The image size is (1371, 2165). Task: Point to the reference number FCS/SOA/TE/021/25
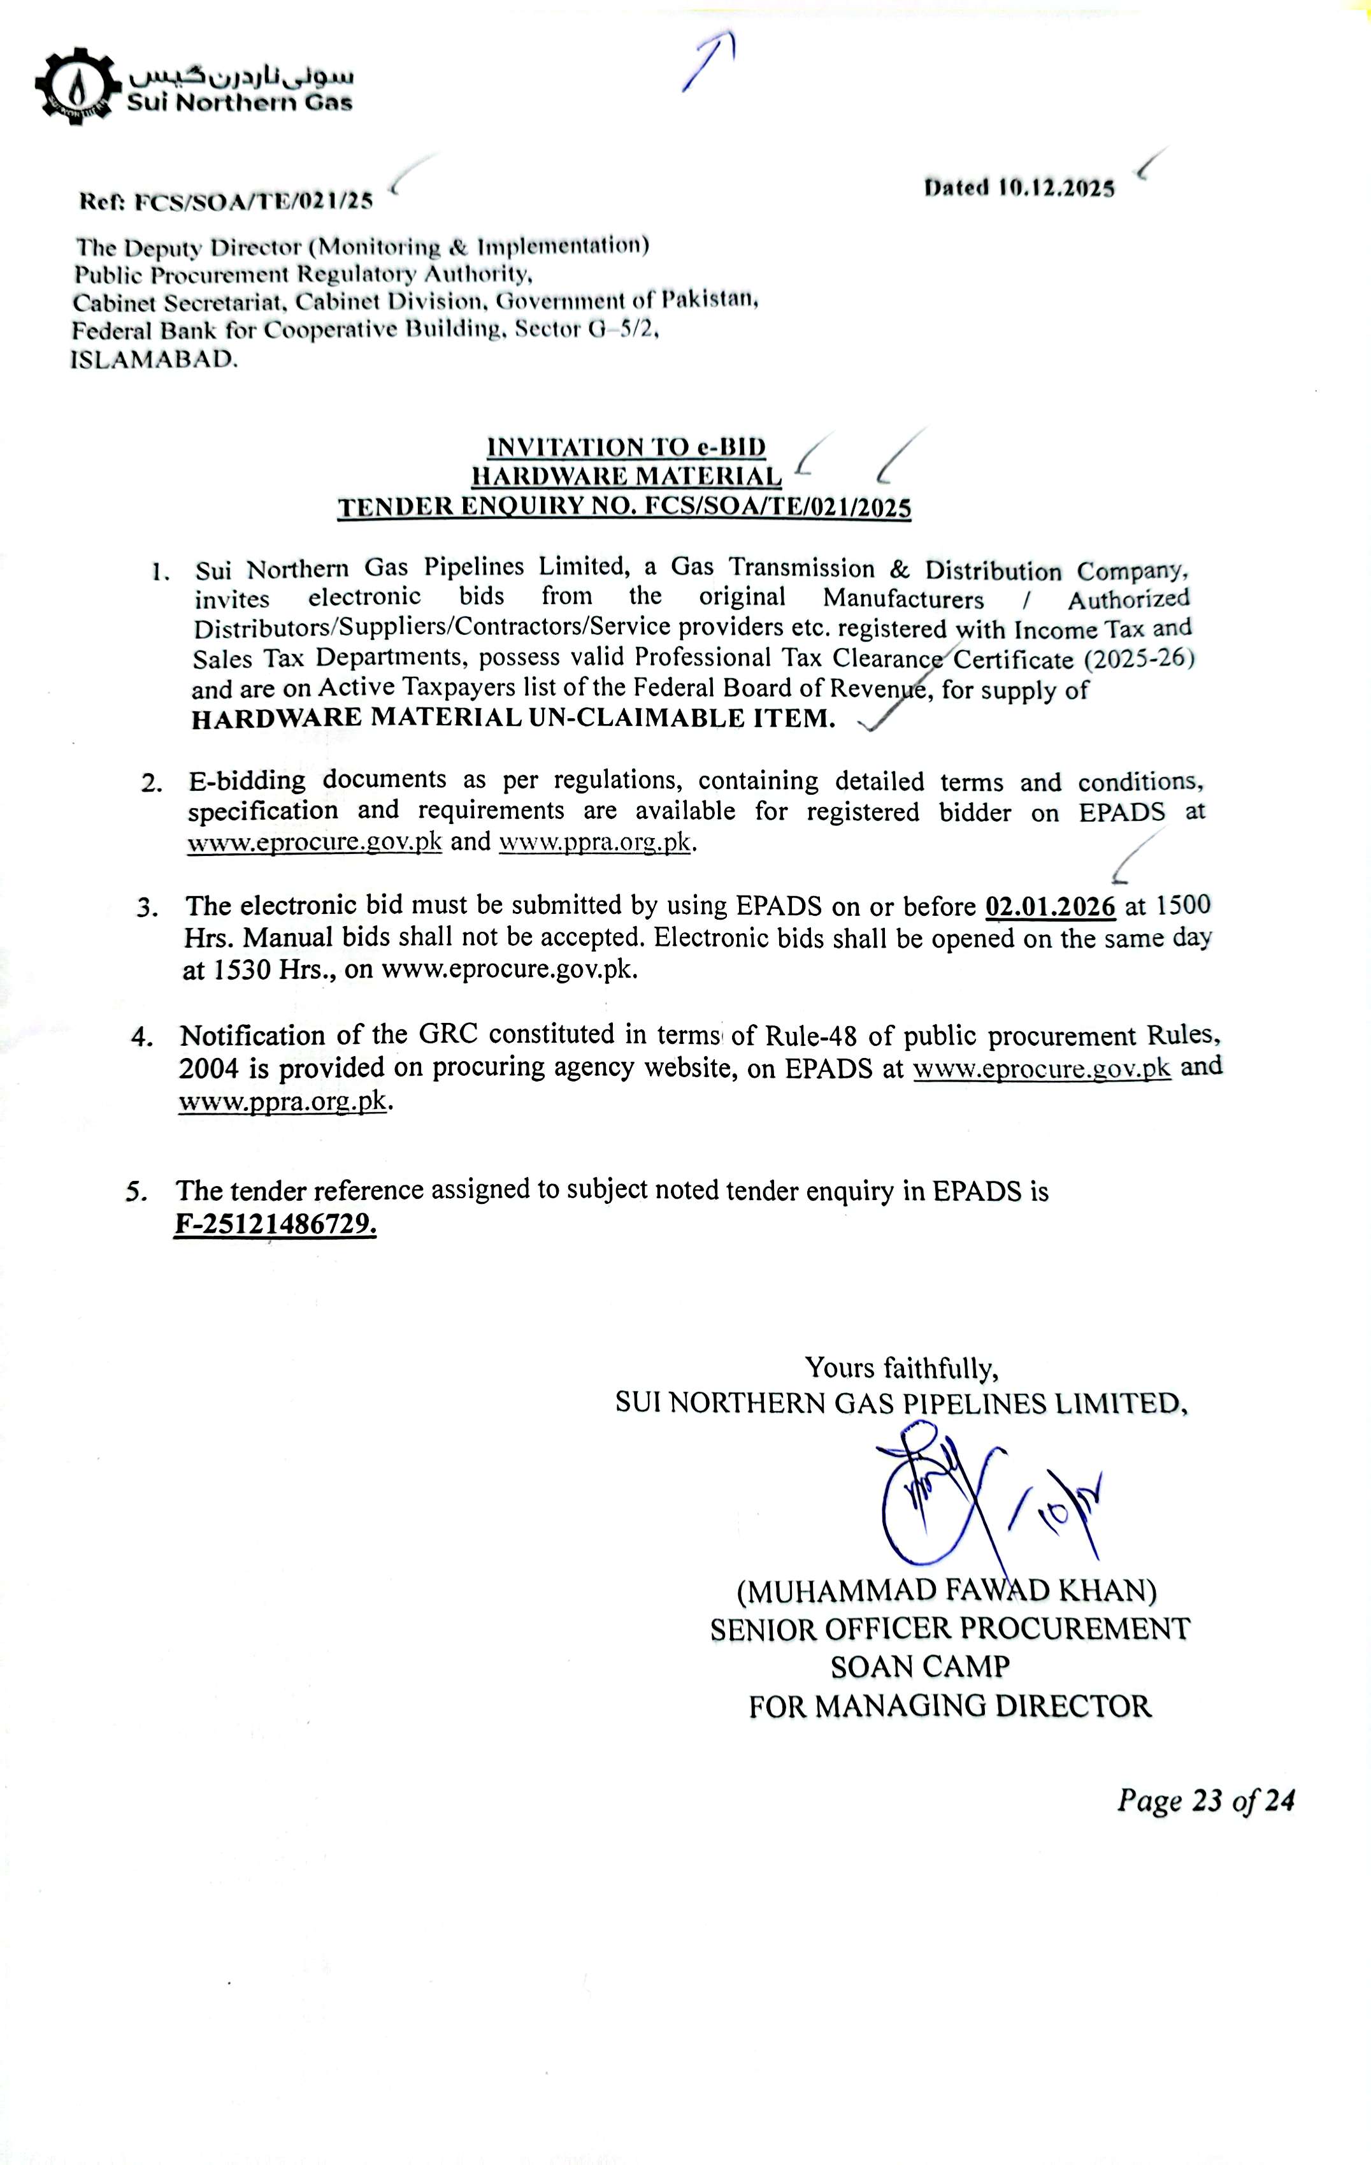click(x=254, y=201)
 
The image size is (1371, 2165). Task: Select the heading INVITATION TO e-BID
click(x=627, y=447)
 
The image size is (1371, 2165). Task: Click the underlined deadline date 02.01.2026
click(x=1050, y=906)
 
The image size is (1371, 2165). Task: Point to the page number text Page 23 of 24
click(x=1205, y=1800)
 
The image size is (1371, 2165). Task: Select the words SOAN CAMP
click(x=920, y=1667)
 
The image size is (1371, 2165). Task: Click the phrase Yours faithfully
click(x=901, y=1368)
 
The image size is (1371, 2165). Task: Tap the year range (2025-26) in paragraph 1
click(x=1139, y=659)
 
